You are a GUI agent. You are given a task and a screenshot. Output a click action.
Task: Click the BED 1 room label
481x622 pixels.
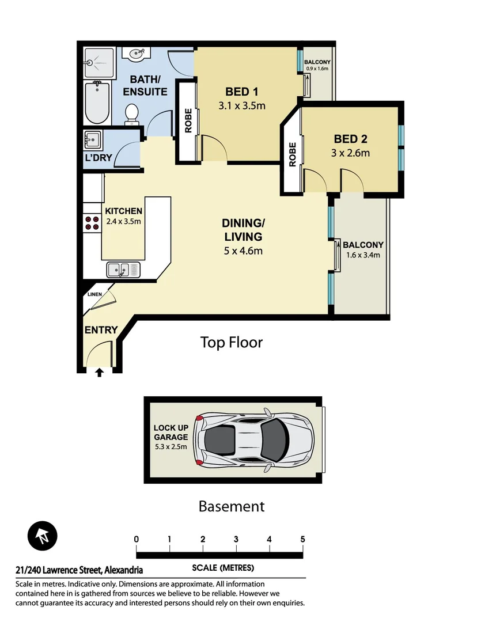241,92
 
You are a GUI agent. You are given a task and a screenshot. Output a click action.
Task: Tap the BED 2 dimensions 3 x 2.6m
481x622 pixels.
350,153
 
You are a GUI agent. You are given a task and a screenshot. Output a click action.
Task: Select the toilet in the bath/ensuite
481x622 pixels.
132,113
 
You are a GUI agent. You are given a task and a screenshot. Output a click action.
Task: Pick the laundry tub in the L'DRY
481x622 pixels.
92,140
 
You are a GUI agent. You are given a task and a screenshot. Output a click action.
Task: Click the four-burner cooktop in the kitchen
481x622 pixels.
92,223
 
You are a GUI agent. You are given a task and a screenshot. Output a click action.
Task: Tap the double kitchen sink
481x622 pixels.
123,269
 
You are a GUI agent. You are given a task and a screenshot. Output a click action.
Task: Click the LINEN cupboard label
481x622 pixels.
95,294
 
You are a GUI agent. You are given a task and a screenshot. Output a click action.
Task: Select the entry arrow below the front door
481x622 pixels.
99,373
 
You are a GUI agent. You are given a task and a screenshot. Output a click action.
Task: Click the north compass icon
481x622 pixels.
43,537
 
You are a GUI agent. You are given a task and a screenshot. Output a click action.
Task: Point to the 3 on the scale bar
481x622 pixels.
236,540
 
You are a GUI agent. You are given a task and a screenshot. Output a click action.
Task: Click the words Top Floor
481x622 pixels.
231,343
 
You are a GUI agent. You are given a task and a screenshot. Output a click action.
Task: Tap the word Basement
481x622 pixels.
231,506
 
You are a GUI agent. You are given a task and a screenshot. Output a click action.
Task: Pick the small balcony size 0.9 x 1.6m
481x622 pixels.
317,69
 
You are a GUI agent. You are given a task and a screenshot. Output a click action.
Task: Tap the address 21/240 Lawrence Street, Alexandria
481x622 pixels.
79,570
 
